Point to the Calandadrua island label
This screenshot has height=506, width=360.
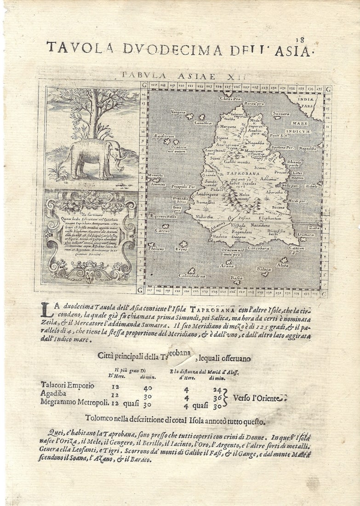click(192, 276)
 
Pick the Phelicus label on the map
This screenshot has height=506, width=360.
click(156, 248)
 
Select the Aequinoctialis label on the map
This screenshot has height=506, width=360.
click(163, 216)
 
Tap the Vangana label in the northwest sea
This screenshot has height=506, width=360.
click(178, 112)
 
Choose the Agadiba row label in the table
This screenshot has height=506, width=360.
click(53, 394)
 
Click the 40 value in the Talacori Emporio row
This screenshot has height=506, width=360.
click(147, 388)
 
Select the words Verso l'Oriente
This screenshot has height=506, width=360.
click(259, 397)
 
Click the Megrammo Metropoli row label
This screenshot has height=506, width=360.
click(74, 402)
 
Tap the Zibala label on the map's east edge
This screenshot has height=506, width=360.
click(311, 186)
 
